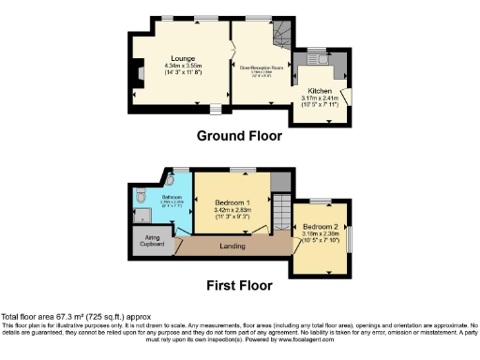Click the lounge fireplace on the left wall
pyautogui.click(x=137, y=72)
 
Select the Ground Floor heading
pyautogui.click(x=239, y=136)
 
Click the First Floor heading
pyautogui.click(x=239, y=284)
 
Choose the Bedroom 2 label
pyautogui.click(x=321, y=226)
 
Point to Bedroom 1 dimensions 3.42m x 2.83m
pyautogui.click(x=232, y=210)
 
